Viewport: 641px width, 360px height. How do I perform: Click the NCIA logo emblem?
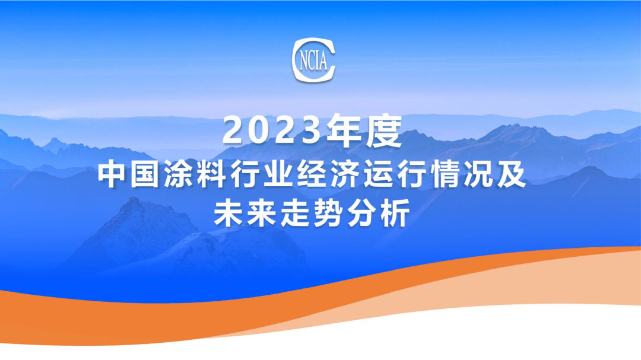click(314, 59)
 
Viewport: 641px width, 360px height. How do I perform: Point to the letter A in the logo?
click(323, 59)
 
